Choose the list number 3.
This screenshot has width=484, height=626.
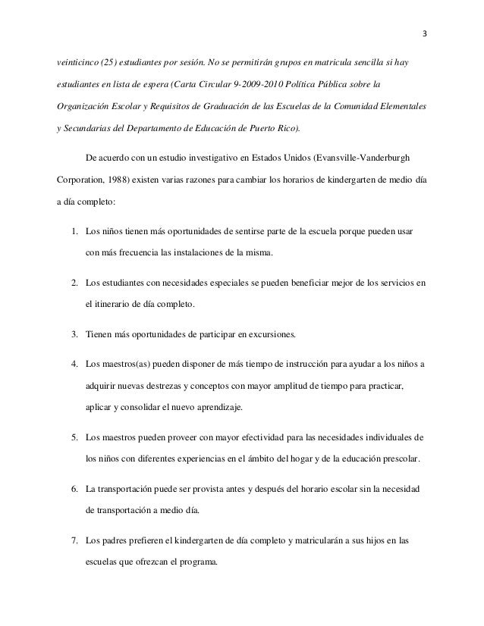point(74,334)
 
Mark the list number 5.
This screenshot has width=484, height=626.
point(74,438)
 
